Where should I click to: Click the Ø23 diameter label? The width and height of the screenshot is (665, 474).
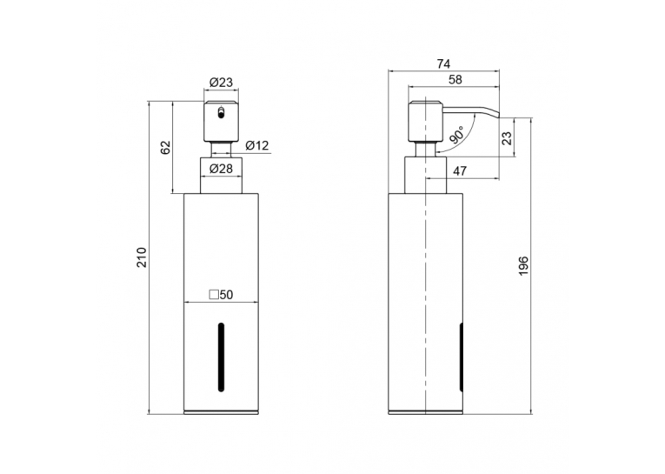click(x=221, y=83)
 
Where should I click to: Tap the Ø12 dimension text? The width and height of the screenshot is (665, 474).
click(x=257, y=145)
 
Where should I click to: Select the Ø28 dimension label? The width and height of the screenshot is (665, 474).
click(x=221, y=169)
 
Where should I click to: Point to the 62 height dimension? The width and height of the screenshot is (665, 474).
click(x=165, y=147)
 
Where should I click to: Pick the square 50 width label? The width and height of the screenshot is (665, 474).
click(x=221, y=295)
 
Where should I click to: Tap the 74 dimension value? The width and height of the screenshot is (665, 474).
click(x=443, y=64)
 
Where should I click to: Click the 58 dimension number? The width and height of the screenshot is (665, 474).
click(x=455, y=79)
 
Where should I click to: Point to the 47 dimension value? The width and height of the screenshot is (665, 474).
click(x=460, y=171)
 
